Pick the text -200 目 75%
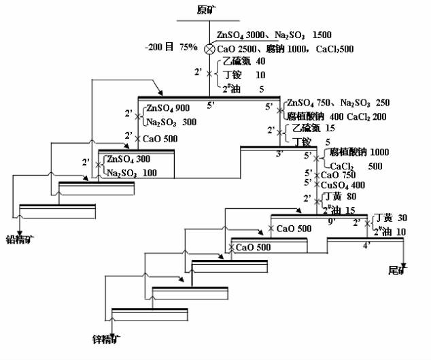tap(171, 48)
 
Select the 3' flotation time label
tap(279, 154)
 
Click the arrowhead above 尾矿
tap(404, 265)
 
